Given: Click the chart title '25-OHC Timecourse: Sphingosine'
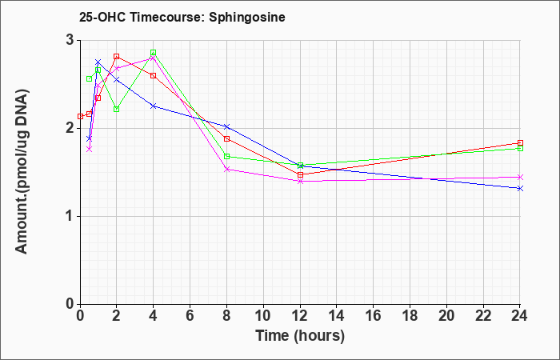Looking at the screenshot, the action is (182, 17).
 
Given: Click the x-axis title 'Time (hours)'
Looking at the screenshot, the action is (300, 336).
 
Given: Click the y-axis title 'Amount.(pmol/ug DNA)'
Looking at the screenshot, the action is (22, 172).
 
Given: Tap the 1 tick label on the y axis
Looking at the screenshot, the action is (69, 217).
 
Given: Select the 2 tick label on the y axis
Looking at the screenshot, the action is (69, 129).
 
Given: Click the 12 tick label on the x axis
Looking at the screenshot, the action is (300, 316).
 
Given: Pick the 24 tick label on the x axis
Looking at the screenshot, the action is (520, 316).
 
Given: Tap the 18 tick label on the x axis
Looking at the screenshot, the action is (410, 316).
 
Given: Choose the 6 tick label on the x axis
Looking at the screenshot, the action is (190, 316).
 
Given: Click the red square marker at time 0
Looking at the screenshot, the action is (80, 116).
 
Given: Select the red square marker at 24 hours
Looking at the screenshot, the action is (520, 143).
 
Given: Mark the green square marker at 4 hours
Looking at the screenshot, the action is (154, 53).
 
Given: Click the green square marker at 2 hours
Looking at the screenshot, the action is (117, 109).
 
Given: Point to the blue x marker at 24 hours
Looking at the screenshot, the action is (520, 188).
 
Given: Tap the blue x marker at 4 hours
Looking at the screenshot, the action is (154, 106).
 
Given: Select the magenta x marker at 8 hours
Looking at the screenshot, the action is (226, 170).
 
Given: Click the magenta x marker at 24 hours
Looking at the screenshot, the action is (520, 177).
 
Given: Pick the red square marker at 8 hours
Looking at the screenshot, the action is (226, 138).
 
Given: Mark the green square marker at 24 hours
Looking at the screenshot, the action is (520, 148).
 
